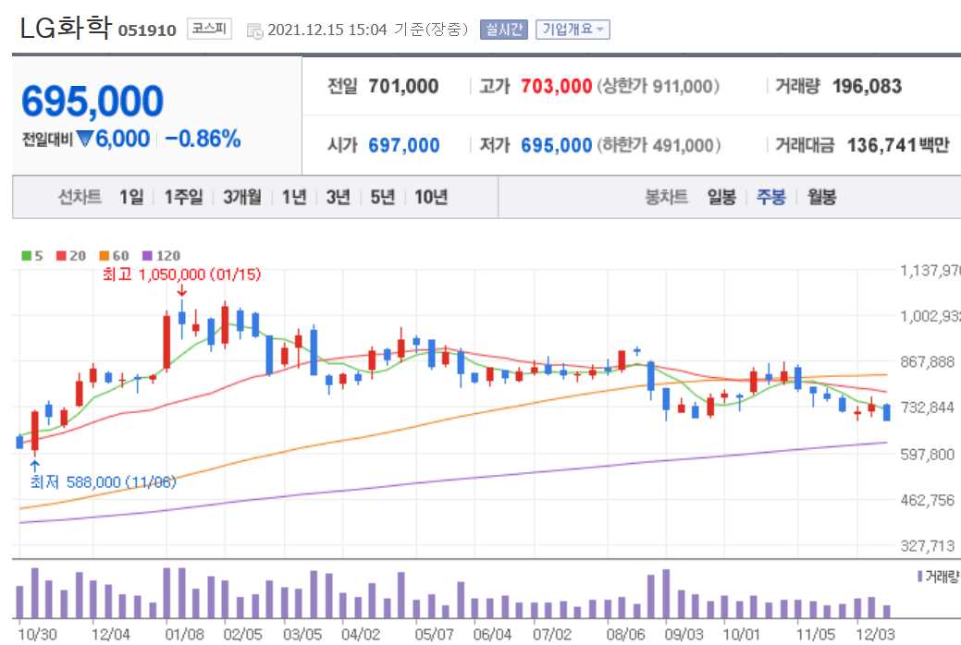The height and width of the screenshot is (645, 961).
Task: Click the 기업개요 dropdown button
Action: pyautogui.click(x=572, y=30)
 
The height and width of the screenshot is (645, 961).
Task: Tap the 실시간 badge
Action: pyautogui.click(x=503, y=30)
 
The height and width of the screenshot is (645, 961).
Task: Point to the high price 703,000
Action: pyautogui.click(x=556, y=87)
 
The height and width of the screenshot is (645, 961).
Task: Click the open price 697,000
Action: pyautogui.click(x=403, y=145)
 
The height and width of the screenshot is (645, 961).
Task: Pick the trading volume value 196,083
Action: pyautogui.click(x=867, y=87)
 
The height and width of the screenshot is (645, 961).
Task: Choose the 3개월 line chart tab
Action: pyautogui.click(x=242, y=197)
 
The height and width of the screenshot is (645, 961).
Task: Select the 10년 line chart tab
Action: pyautogui.click(x=431, y=197)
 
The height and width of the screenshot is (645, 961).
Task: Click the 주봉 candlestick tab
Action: pyautogui.click(x=771, y=197)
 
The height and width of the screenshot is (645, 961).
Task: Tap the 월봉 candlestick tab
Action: pyautogui.click(x=821, y=197)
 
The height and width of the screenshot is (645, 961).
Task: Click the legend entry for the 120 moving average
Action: pyautogui.click(x=162, y=256)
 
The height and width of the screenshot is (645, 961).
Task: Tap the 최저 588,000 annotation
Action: pyautogui.click(x=103, y=481)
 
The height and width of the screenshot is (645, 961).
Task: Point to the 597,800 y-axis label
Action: pyautogui.click(x=928, y=455)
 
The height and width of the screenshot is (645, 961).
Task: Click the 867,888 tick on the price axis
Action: pyautogui.click(x=928, y=362)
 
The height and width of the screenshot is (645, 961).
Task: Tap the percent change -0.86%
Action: pyautogui.click(x=203, y=140)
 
